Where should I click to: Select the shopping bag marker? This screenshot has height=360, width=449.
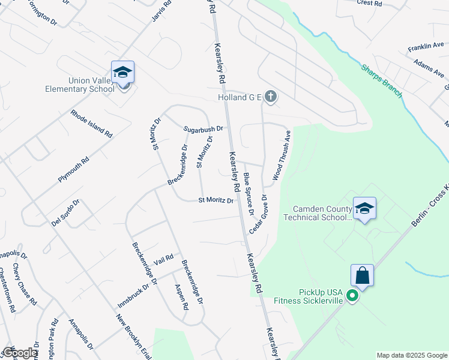coord(363,277)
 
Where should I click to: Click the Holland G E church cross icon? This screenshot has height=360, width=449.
coord(271,96)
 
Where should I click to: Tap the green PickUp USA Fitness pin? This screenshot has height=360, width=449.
coord(354,296)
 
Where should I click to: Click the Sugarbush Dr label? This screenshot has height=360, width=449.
coord(203,128)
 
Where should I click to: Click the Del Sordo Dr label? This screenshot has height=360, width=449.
coord(65,212)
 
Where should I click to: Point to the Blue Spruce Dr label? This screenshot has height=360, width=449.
coord(249,193)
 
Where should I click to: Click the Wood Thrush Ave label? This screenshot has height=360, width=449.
coord(282,155)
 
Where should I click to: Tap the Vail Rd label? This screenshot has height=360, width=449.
coord(163,259)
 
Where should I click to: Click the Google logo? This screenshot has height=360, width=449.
coord(20,353)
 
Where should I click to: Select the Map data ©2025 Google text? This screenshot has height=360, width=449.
coord(411,355)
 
